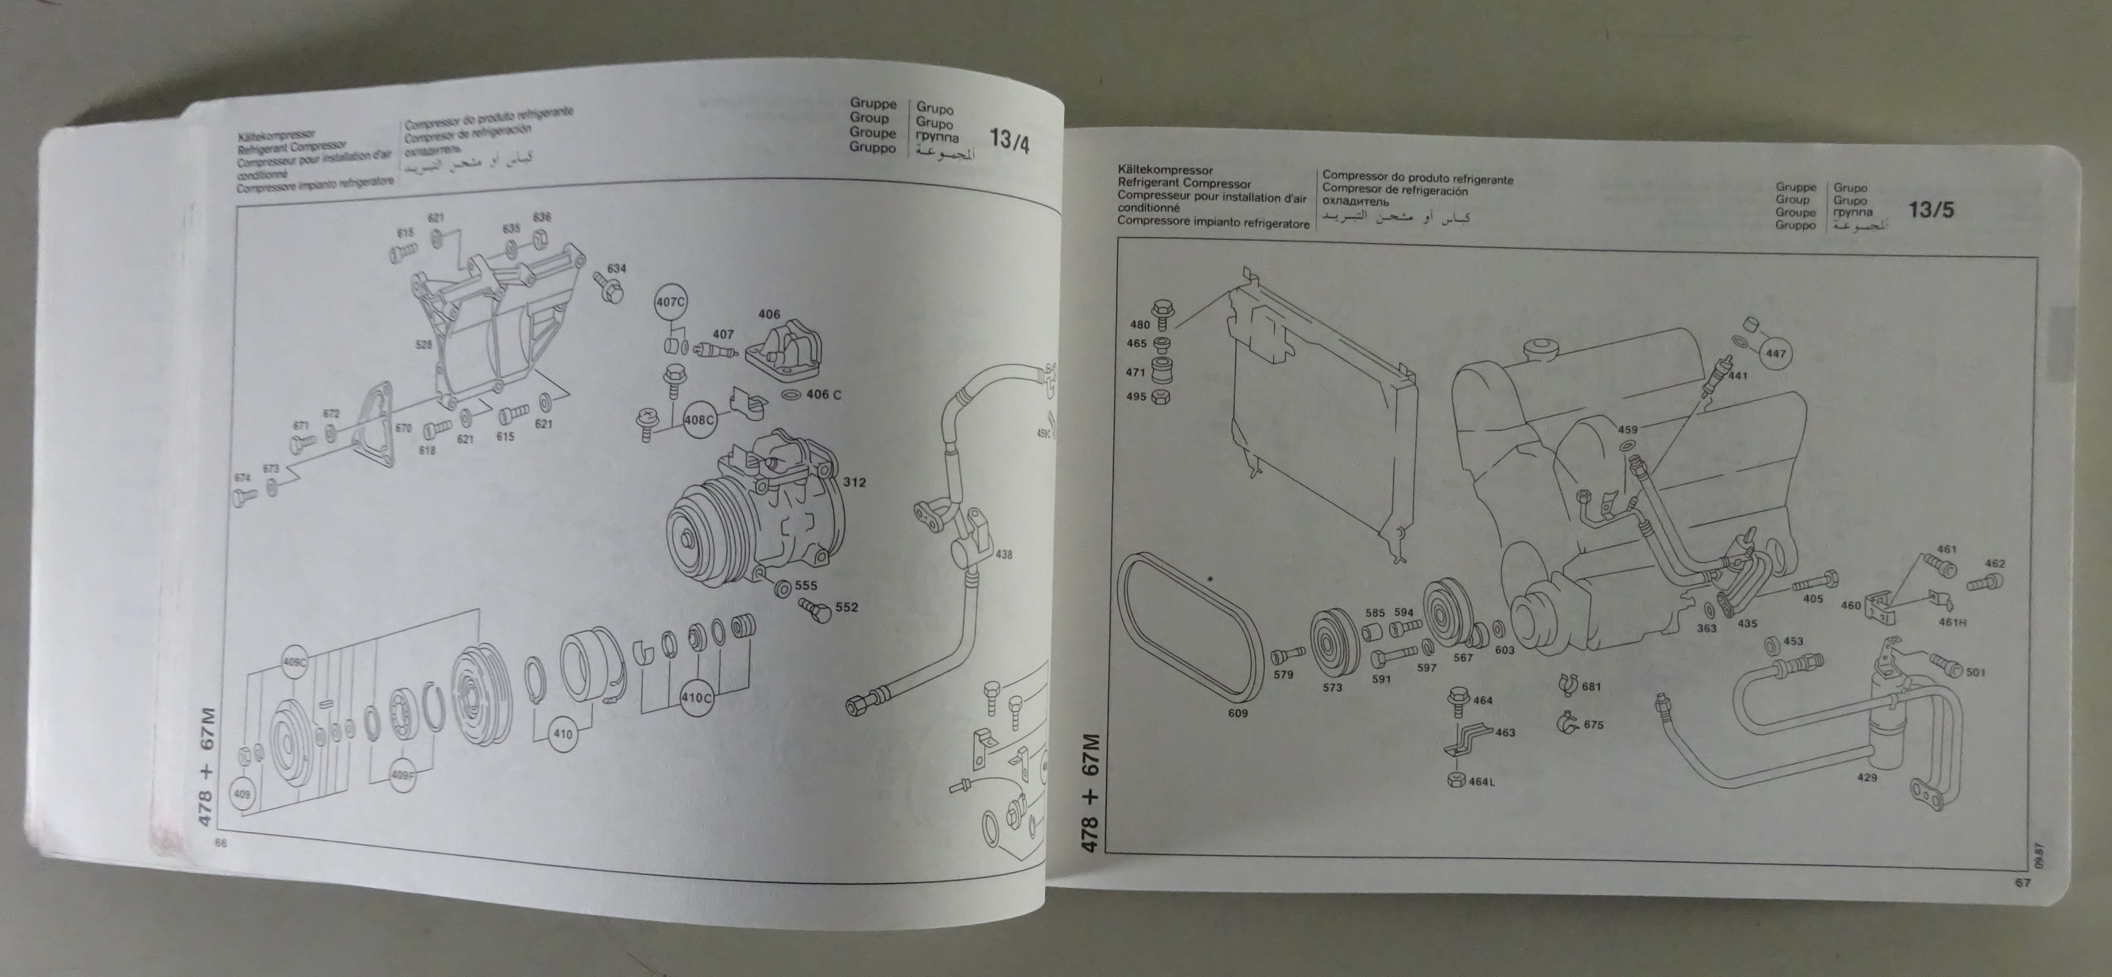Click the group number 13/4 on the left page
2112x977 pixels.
pos(1009,141)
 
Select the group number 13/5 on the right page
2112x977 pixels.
pos(1930,210)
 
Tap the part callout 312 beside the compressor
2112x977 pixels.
pos(854,482)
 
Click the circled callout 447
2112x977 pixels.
pos(1776,354)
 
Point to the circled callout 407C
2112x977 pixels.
pos(670,302)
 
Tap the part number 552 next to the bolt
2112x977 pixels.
pos(846,608)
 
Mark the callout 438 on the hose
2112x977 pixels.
pos(1004,555)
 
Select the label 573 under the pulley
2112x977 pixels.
pos(1332,687)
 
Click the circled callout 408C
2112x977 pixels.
pos(699,419)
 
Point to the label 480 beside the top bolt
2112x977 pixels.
pos(1139,325)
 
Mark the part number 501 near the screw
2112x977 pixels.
pos(1975,673)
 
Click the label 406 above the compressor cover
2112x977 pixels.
pos(769,314)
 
